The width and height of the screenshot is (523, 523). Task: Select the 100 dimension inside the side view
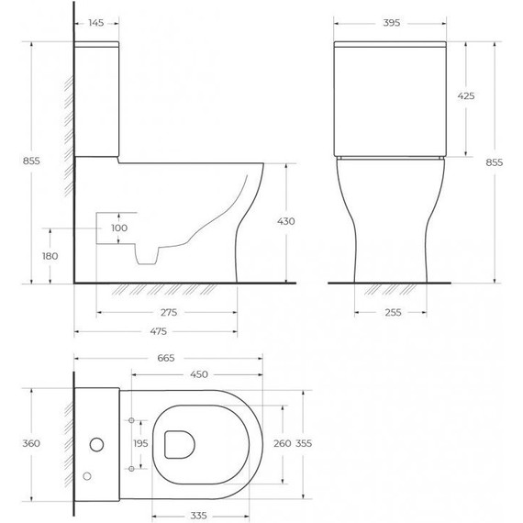119,228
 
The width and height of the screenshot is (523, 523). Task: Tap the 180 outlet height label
50,256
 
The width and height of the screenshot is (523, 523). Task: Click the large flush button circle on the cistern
95,445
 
